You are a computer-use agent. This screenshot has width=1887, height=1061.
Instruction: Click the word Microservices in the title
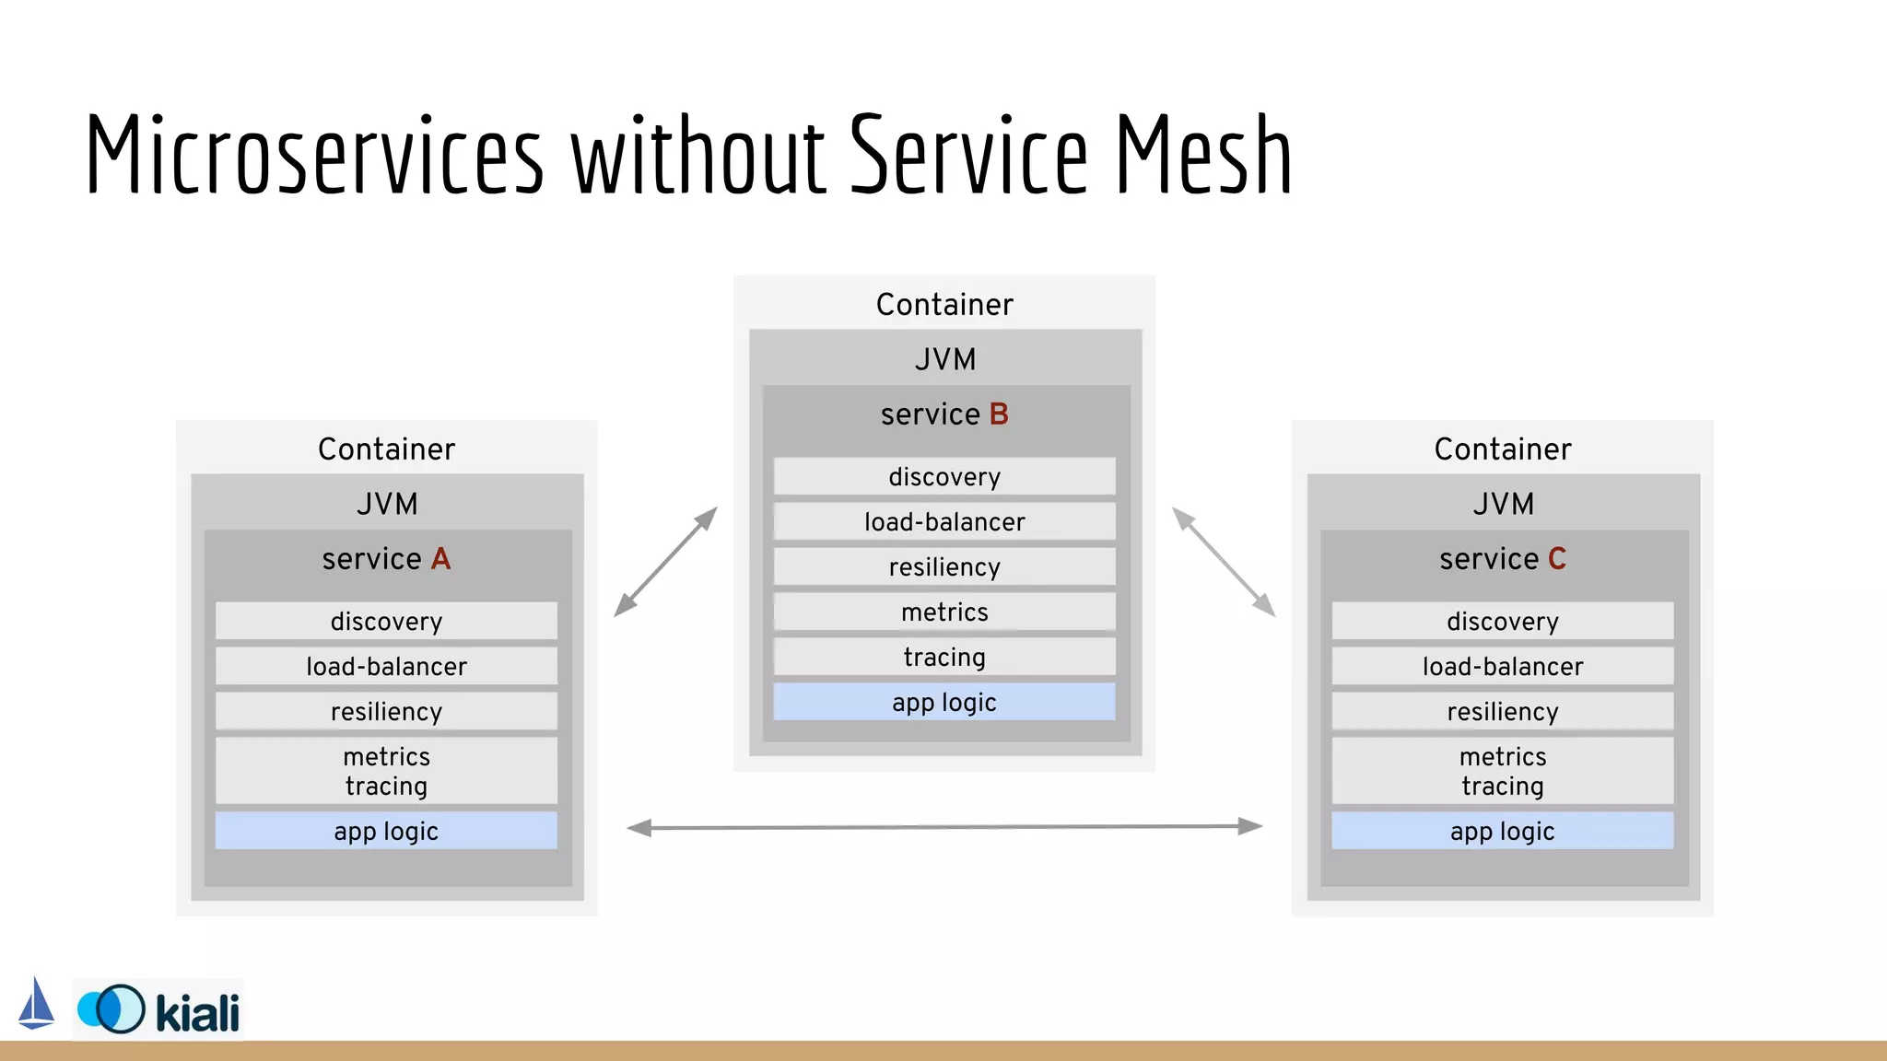(x=314, y=155)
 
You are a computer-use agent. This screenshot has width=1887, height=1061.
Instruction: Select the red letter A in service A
(x=440, y=559)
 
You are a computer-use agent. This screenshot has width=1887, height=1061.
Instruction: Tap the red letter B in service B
(x=999, y=414)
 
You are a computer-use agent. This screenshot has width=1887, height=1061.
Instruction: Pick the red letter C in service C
(x=1557, y=559)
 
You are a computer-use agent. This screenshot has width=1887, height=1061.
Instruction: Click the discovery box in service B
(x=944, y=477)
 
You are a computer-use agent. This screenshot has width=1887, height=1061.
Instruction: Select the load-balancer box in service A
(x=386, y=667)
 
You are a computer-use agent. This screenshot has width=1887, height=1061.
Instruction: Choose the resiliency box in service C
(x=1503, y=712)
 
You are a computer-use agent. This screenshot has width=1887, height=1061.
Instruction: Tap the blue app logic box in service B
(x=944, y=703)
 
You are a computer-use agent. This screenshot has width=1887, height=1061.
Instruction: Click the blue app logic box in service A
(x=386, y=832)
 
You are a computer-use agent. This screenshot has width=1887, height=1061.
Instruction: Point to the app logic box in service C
(x=1503, y=832)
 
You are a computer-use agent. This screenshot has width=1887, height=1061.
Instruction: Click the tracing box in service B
(x=944, y=658)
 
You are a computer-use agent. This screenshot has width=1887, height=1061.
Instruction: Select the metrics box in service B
(x=944, y=612)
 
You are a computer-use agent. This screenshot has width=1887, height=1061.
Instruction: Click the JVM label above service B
(x=944, y=359)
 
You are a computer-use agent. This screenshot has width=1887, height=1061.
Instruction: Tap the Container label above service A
(x=386, y=449)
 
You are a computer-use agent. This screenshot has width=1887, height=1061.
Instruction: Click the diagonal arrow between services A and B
(x=665, y=561)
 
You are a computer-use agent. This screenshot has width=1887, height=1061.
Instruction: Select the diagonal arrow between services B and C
(x=1224, y=561)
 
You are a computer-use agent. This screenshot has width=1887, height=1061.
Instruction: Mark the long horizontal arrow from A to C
(x=944, y=827)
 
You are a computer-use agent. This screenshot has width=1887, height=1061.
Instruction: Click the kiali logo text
(x=197, y=1014)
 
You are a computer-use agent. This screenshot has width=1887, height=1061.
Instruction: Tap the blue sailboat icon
(x=36, y=1004)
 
